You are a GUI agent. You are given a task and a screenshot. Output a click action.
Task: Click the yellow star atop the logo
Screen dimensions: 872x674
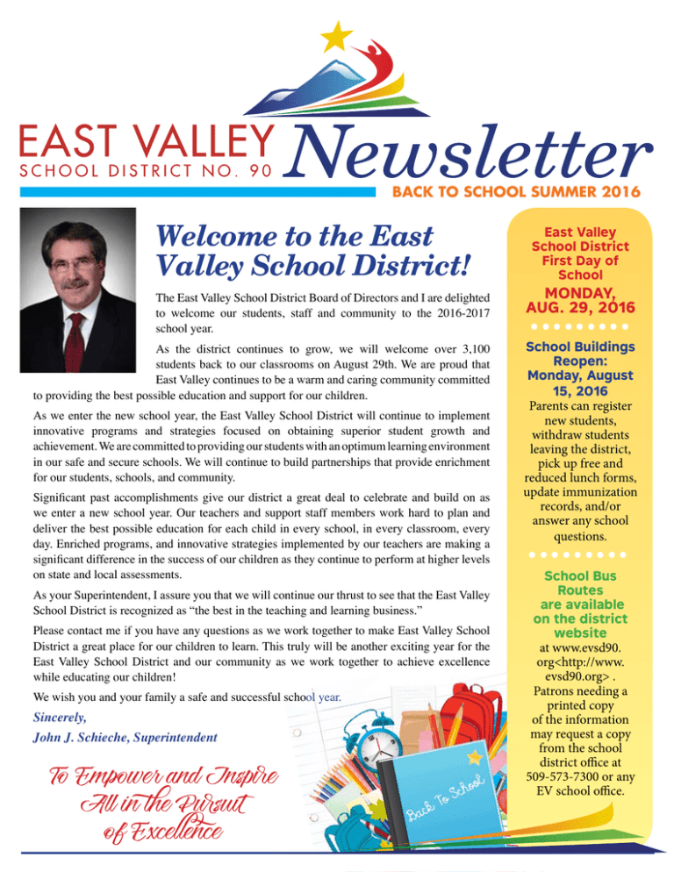pos(333,35)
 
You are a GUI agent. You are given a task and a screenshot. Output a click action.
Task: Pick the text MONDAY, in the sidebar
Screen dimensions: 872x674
pos(571,291)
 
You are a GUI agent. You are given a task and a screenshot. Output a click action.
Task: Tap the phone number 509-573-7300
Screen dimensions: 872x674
pos(550,776)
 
